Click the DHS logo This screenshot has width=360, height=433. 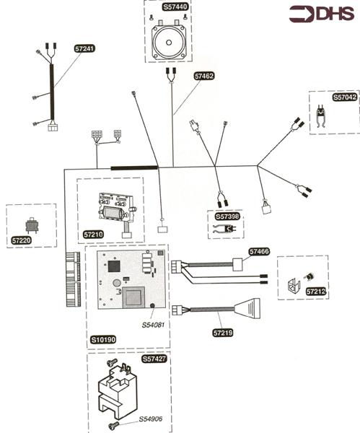[322, 14]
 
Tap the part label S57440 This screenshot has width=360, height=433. [175, 6]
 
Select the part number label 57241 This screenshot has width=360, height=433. [84, 48]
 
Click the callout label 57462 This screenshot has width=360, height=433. [204, 76]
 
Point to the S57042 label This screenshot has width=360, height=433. [345, 97]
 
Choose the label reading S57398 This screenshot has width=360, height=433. [227, 216]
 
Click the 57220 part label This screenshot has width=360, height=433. [21, 240]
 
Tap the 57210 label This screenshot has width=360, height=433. [94, 235]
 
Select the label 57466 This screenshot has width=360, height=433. [259, 252]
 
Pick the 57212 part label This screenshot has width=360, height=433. [316, 292]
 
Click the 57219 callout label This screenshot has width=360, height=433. [223, 333]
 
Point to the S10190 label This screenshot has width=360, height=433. [103, 340]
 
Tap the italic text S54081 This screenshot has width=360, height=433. [153, 325]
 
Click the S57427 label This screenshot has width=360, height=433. [154, 359]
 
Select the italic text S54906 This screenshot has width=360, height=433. [151, 419]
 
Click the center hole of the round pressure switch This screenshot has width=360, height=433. [169, 43]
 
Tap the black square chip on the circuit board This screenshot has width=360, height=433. [114, 266]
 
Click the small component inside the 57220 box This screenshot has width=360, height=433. [32, 225]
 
